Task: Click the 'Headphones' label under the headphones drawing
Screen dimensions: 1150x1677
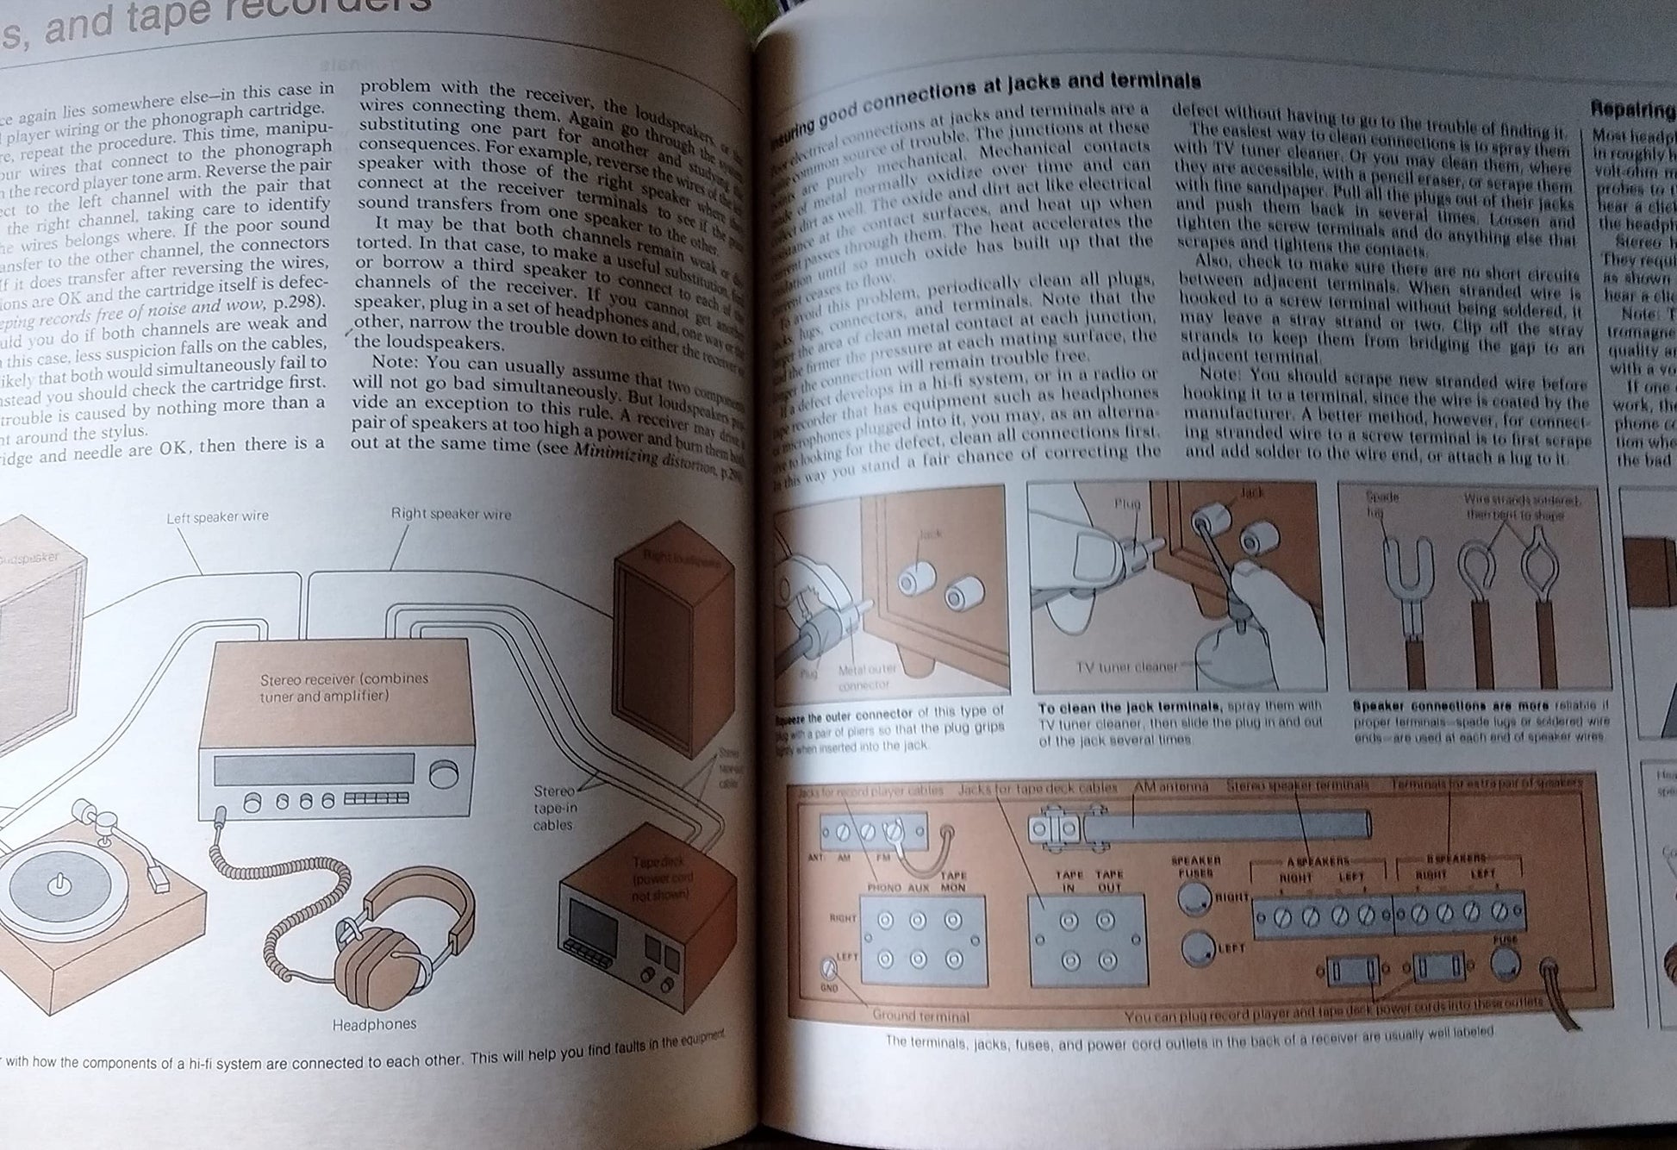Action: (374, 1024)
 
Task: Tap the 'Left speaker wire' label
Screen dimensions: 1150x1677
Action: (217, 516)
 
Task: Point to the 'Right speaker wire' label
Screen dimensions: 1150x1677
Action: (451, 514)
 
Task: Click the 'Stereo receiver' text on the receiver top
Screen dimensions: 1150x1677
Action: (344, 686)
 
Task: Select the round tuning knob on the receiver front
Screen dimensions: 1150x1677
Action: (444, 774)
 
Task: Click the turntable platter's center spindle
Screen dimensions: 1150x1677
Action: (59, 884)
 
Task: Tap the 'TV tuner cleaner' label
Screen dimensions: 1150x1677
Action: (1125, 666)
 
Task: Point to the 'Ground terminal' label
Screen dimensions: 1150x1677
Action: (920, 1016)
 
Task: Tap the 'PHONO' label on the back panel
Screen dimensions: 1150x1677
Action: (884, 887)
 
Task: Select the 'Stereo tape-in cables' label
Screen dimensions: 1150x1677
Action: (553, 808)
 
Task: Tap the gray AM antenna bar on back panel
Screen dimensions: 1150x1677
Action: (1224, 825)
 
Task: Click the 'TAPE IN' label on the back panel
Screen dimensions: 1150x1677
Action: (1069, 880)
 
